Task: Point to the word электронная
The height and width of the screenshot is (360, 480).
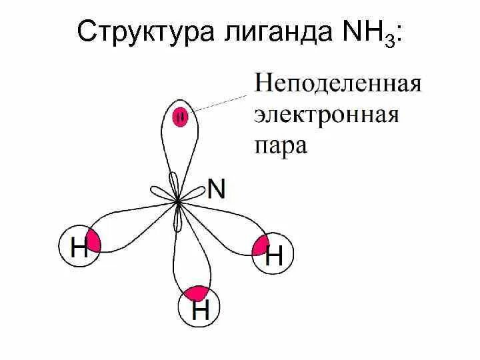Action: pos(326,115)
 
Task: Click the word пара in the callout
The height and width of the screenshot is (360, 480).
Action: pos(281,145)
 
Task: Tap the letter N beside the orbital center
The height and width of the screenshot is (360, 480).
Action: pos(217,189)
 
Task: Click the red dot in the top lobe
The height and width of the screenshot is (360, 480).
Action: pos(180,117)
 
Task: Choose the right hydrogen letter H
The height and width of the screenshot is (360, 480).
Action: pos(274,255)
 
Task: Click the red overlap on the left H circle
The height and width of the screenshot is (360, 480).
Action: pos(93,241)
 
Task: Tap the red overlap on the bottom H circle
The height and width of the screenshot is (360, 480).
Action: pos(198,294)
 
